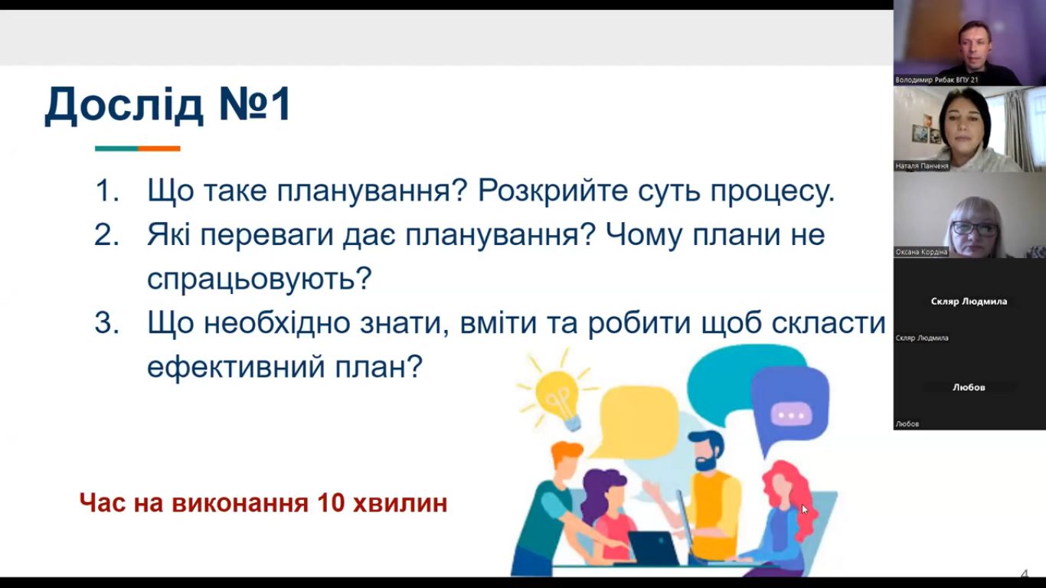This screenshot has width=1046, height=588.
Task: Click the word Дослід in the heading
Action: click(x=124, y=105)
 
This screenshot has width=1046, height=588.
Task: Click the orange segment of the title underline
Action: click(x=159, y=149)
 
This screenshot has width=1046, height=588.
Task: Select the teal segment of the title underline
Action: click(x=116, y=149)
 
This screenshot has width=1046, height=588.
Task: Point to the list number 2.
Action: click(x=107, y=235)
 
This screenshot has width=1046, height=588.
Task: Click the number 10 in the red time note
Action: click(x=331, y=503)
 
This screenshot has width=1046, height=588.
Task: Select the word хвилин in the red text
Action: click(x=400, y=504)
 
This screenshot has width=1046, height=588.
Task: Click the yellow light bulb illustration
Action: click(x=558, y=397)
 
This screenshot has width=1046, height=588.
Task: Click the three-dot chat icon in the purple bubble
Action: click(x=791, y=414)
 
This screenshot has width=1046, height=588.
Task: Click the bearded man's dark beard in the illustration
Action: click(x=707, y=461)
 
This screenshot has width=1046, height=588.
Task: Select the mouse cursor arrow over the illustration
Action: click(x=805, y=509)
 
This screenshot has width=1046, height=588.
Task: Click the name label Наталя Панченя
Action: click(x=922, y=166)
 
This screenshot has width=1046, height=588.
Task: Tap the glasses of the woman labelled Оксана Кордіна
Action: click(x=975, y=229)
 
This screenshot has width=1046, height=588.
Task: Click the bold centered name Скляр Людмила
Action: click(x=969, y=301)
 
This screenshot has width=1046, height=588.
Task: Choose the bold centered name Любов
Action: click(x=969, y=387)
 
